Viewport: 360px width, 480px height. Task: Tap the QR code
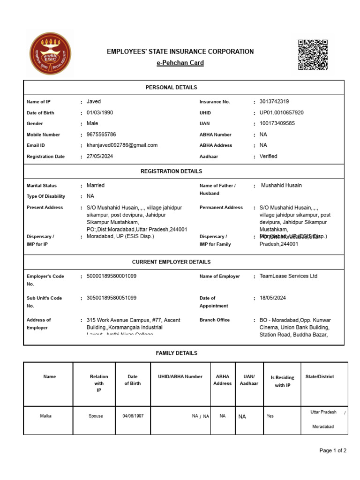pyautogui.click(x=313, y=55)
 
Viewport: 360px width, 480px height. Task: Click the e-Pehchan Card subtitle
pyautogui.click(x=180, y=63)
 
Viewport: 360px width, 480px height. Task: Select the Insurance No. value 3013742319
pyautogui.click(x=274, y=101)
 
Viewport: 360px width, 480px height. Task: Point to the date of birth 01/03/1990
pyautogui.click(x=100, y=112)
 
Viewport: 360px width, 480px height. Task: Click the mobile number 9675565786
pyautogui.click(x=101, y=134)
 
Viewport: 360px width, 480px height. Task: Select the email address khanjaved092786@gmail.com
pyautogui.click(x=122, y=145)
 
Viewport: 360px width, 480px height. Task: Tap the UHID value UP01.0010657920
pyautogui.click(x=281, y=112)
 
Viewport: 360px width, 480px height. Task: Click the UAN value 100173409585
pyautogui.click(x=277, y=123)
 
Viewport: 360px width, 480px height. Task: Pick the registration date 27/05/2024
pyautogui.click(x=100, y=156)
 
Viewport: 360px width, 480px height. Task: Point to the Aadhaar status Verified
pyautogui.click(x=268, y=156)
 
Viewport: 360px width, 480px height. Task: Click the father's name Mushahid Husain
pyautogui.click(x=281, y=185)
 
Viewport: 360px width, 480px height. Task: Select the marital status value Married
pyautogui.click(x=96, y=185)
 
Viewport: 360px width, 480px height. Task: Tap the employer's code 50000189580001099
pyautogui.click(x=112, y=276)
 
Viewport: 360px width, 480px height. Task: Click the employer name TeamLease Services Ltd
pyautogui.click(x=288, y=276)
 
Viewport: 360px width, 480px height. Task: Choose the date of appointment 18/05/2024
pyautogui.click(x=272, y=298)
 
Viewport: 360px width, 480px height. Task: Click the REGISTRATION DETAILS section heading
pyautogui.click(x=171, y=172)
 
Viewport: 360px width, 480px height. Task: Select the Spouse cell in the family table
pyautogui.click(x=96, y=416)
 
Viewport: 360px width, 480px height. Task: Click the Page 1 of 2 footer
pyautogui.click(x=333, y=450)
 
